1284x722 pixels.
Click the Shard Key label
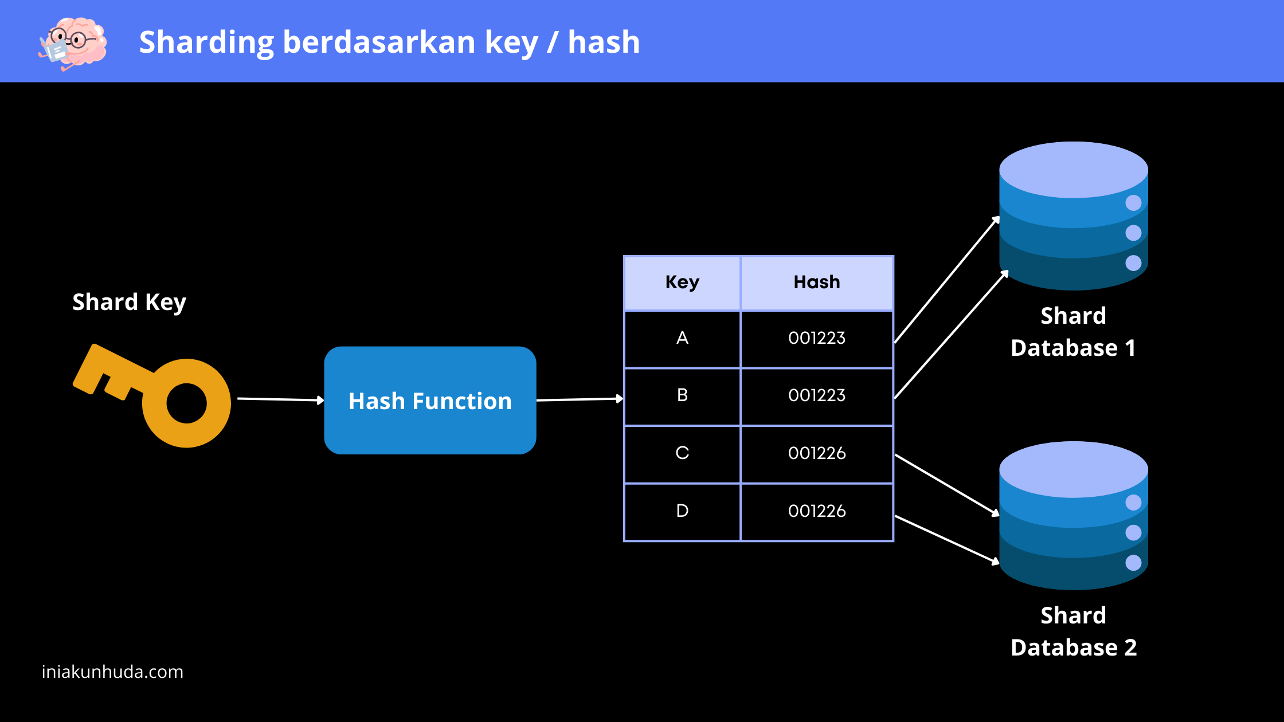click(130, 302)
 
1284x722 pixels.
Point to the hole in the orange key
click(186, 403)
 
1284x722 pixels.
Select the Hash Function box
click(430, 401)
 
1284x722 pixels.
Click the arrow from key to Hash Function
click(281, 399)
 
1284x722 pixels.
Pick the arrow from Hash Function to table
click(580, 399)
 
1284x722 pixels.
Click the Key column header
click(682, 282)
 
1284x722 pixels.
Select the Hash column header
click(817, 282)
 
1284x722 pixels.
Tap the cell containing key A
click(682, 339)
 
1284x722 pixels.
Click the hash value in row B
click(817, 395)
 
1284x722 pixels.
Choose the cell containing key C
click(682, 454)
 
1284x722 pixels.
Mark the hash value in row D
click(817, 511)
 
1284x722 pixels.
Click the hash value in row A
click(817, 338)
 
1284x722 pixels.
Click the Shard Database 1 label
click(1073, 332)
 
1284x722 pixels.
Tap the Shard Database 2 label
click(1074, 631)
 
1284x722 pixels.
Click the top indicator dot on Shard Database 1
click(1133, 203)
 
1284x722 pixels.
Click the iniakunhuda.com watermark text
click(112, 672)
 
